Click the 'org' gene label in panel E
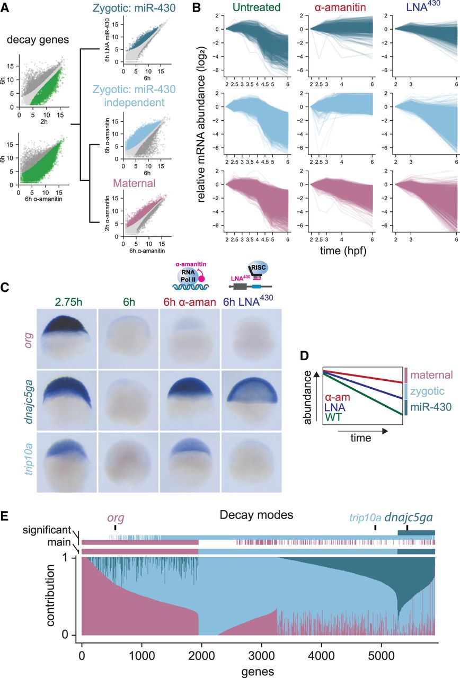tap(116, 517)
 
